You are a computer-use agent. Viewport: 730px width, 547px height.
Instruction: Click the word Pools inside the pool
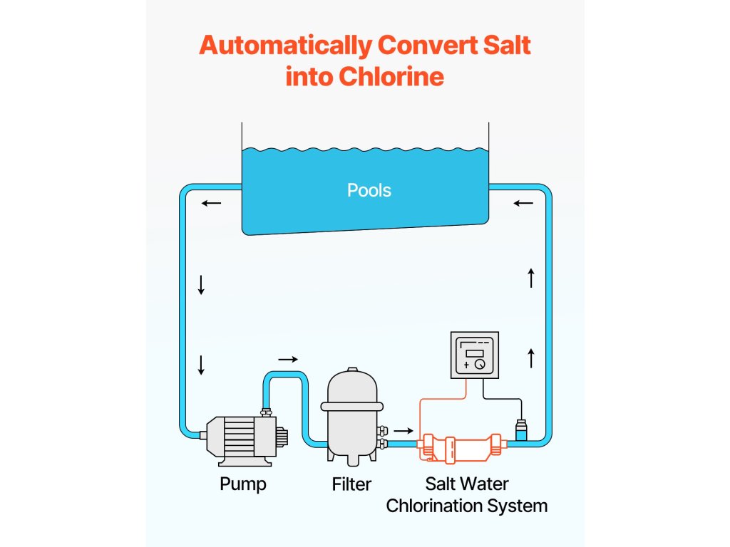pyautogui.click(x=369, y=190)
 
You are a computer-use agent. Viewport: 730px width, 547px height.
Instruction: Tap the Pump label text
pyautogui.click(x=242, y=484)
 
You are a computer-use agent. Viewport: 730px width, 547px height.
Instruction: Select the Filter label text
pyautogui.click(x=351, y=484)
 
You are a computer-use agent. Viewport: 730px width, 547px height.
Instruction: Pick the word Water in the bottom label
pyautogui.click(x=485, y=484)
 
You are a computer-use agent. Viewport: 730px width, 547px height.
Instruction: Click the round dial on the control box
pyautogui.click(x=480, y=364)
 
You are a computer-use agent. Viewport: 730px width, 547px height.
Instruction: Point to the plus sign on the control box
pyautogui.click(x=466, y=364)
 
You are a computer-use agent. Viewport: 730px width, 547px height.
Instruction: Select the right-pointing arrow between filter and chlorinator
pyautogui.click(x=403, y=430)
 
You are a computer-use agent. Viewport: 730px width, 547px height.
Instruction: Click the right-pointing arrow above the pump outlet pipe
pyautogui.click(x=287, y=359)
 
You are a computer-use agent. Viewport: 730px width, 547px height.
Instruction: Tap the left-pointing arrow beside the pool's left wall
pyautogui.click(x=211, y=204)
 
